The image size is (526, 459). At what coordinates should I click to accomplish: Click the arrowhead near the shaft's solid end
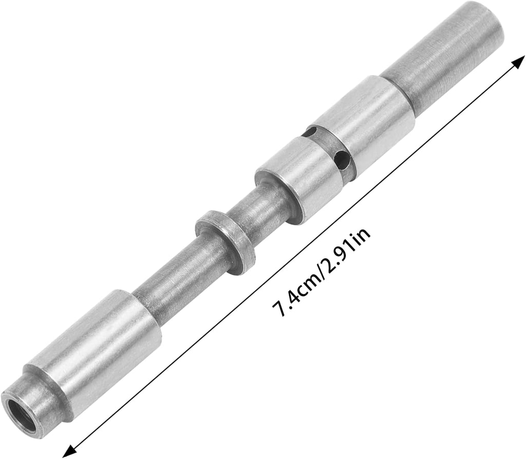click(x=518, y=62)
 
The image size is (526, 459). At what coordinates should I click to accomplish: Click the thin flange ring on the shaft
click(x=226, y=242)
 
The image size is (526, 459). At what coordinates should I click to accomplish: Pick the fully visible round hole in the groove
click(x=342, y=160)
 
